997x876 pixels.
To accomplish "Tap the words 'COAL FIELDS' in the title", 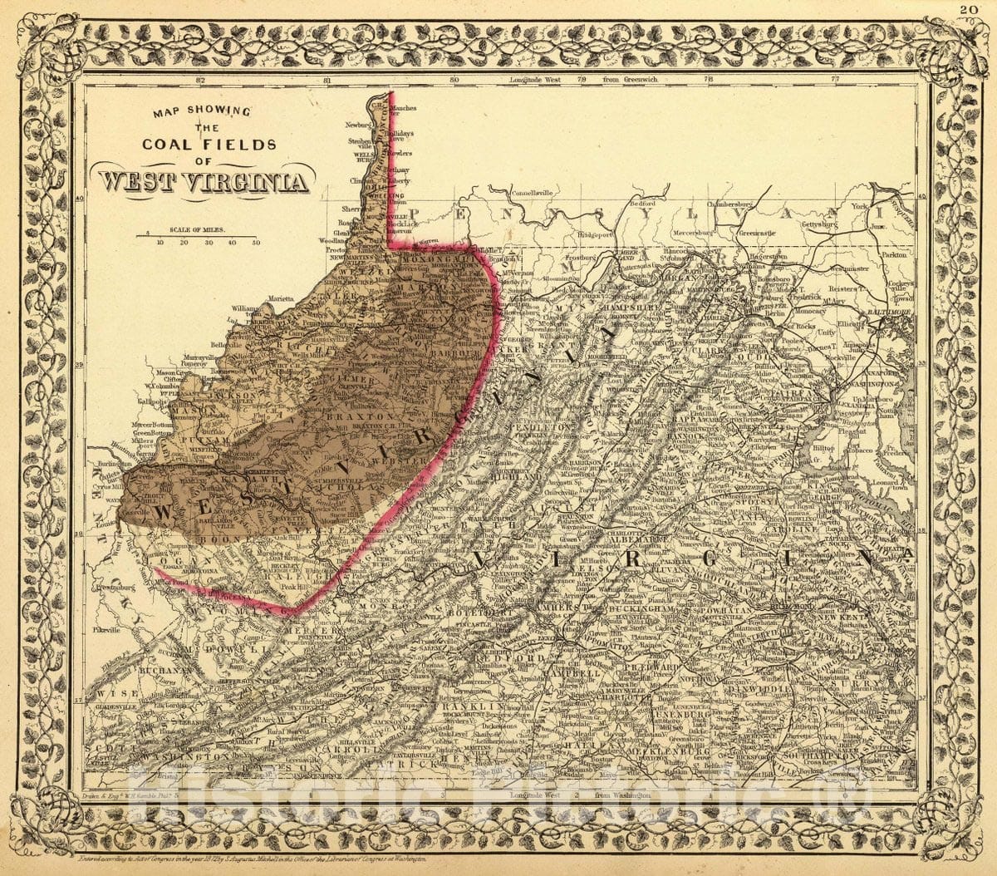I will (209, 144).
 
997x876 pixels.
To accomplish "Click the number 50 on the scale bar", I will (256, 243).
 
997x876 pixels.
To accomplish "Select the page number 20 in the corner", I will (969, 10).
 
